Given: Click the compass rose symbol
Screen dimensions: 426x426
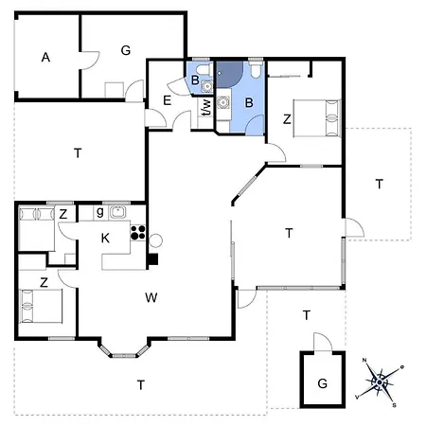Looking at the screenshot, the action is (380, 382).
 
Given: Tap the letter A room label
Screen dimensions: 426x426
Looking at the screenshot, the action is (45, 58).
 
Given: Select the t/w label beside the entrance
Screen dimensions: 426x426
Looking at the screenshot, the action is (206, 108).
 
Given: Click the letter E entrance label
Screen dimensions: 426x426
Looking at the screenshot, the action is (167, 100).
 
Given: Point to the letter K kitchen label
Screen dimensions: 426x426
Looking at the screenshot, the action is (105, 239).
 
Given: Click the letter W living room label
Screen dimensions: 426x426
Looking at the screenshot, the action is (151, 297).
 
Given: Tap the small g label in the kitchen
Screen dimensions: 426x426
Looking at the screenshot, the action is (100, 212).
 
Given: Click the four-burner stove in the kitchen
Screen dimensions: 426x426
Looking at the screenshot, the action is (138, 232).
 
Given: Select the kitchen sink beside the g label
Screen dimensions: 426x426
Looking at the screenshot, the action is (117, 212).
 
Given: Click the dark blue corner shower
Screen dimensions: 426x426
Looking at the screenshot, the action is (229, 75).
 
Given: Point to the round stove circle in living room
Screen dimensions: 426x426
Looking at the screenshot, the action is (155, 240).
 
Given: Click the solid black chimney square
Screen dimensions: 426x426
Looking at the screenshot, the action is (153, 259).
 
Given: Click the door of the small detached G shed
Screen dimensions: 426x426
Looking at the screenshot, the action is (323, 342).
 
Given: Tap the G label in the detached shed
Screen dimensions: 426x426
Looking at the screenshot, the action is (322, 383).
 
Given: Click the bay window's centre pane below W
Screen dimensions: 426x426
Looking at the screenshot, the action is (124, 356).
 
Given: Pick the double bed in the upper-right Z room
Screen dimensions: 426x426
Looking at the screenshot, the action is (317, 118).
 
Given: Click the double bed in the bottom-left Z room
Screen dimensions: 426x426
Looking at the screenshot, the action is (41, 306).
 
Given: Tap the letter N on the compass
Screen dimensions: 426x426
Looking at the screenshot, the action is (364, 360).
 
